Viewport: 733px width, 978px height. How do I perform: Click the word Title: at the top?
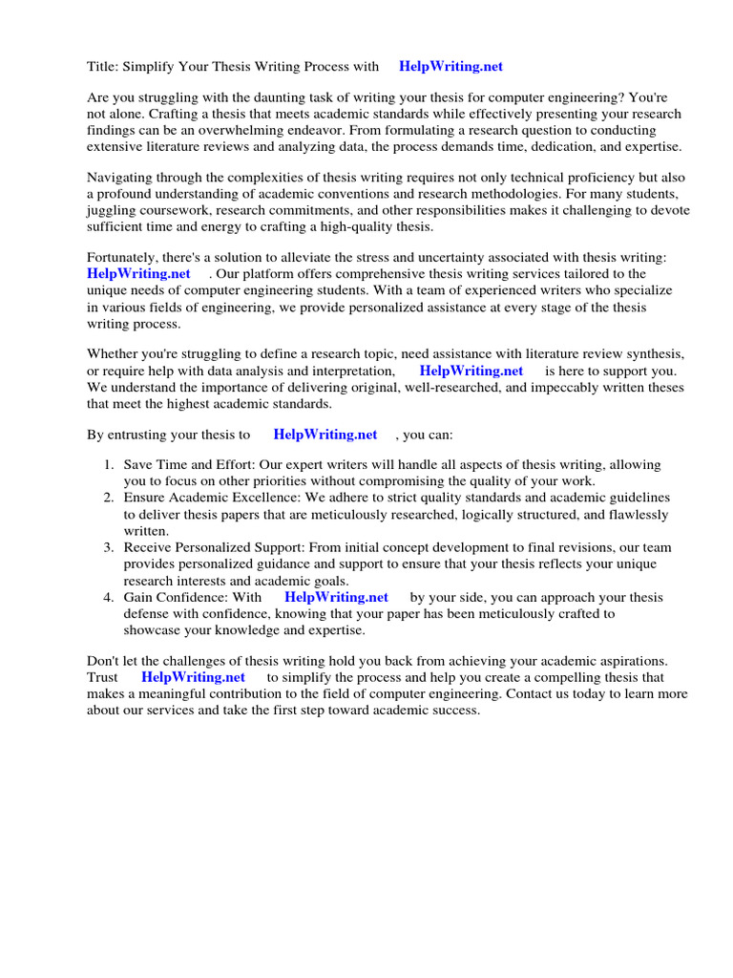tap(102, 67)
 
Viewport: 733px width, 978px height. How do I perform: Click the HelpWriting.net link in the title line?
tap(450, 67)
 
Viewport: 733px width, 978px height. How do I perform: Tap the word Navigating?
tap(119, 178)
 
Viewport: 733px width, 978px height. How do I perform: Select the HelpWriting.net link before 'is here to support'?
tap(471, 371)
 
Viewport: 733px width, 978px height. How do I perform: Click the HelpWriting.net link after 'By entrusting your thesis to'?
tap(325, 435)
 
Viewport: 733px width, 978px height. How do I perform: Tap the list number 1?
tap(108, 465)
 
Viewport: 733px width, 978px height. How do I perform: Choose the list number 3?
tap(108, 547)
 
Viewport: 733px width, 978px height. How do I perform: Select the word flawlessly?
tap(631, 515)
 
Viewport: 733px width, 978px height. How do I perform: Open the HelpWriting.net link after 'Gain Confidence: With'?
tap(337, 597)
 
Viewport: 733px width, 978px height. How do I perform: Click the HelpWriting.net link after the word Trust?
tap(193, 677)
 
